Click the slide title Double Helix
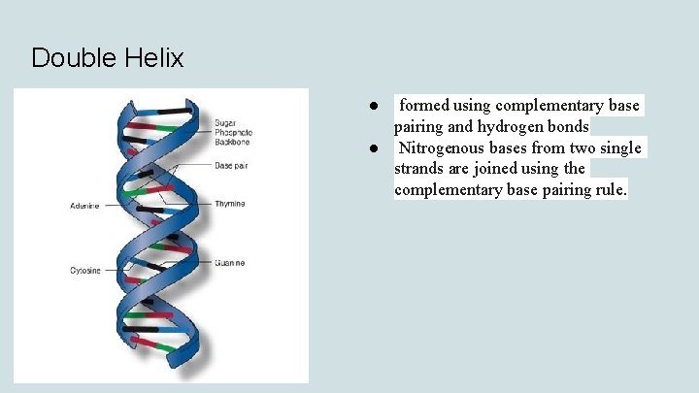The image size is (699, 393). (x=107, y=58)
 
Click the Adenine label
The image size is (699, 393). (x=84, y=206)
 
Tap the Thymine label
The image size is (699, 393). (x=230, y=204)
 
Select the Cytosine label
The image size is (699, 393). (x=85, y=270)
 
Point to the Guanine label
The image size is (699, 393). (x=230, y=263)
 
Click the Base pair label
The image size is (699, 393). (x=231, y=166)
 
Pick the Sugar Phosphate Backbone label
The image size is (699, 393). (x=233, y=132)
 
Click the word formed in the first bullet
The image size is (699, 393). (x=424, y=105)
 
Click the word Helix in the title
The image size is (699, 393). (x=153, y=58)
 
